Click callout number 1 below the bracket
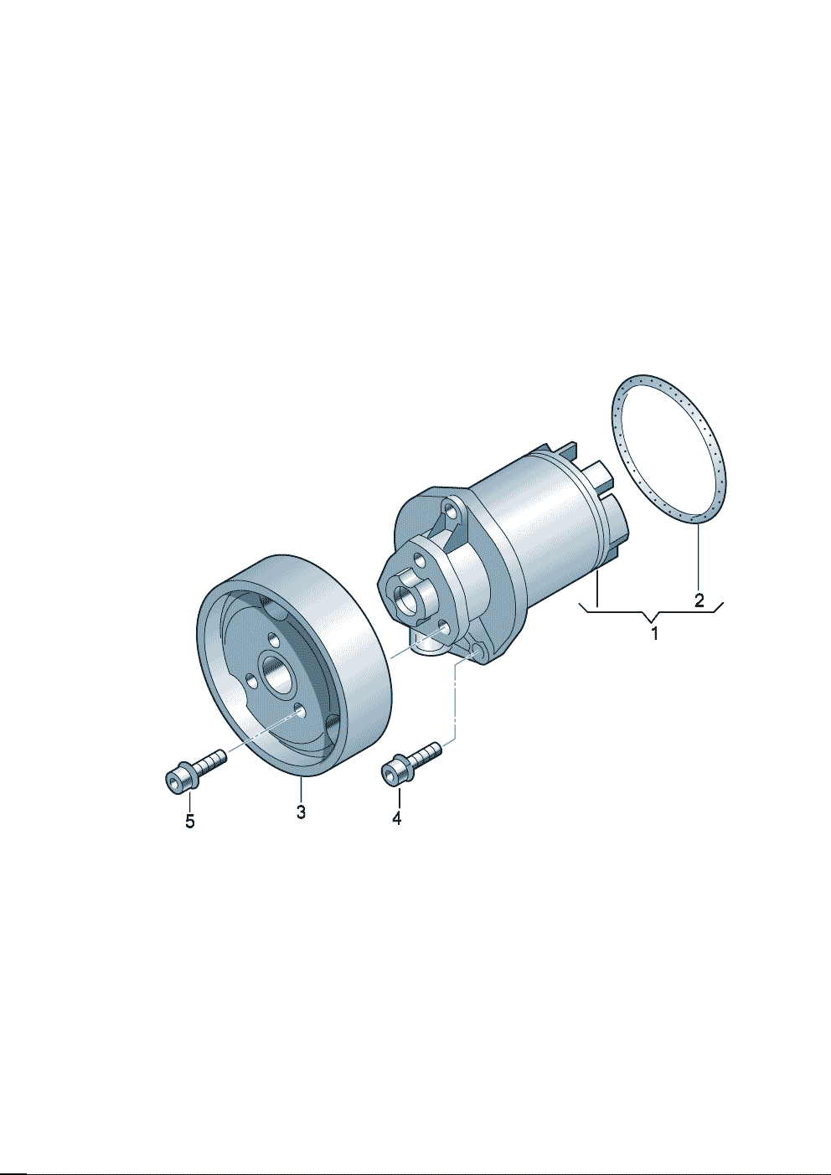point(654,633)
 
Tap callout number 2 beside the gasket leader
point(699,600)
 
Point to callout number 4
point(396,832)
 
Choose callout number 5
point(190,836)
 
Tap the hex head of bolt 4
point(396,772)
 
